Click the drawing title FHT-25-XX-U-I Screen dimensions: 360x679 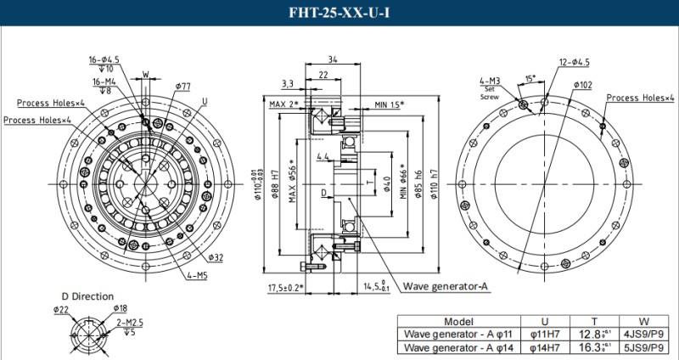click(x=339, y=14)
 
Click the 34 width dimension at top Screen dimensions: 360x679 click(x=332, y=60)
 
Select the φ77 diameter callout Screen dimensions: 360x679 click(x=182, y=87)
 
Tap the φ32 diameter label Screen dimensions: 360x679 click(x=215, y=257)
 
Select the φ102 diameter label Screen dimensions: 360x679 click(x=582, y=85)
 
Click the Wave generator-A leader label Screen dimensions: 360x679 click(x=446, y=285)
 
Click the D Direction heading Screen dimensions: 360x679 click(x=87, y=296)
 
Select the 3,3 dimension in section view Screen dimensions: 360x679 click(x=288, y=84)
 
